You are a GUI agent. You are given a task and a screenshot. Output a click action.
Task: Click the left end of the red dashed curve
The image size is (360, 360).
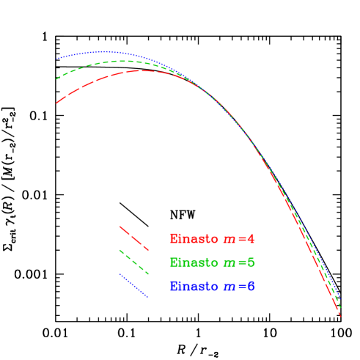click(x=56, y=103)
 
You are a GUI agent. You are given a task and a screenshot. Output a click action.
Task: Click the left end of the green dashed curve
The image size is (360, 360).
click(x=56, y=78)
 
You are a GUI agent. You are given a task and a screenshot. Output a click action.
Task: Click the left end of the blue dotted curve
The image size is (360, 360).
click(x=56, y=59)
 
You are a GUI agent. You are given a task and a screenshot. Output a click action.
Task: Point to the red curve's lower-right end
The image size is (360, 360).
click(x=341, y=315)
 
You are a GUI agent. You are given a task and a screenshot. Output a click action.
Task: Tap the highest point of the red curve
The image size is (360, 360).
click(x=143, y=70)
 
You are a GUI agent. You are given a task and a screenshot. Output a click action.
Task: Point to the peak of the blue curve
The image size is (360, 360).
click(x=107, y=51)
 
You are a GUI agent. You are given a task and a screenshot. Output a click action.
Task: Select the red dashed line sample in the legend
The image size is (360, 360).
click(x=133, y=238)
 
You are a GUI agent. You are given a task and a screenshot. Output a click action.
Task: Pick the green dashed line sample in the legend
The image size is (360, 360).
click(x=133, y=262)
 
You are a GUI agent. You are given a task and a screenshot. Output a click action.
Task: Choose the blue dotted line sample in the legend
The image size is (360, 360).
click(x=133, y=285)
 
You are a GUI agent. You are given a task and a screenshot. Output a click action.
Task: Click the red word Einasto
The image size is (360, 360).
click(x=194, y=238)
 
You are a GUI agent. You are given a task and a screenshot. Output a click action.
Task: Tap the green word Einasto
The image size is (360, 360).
click(x=194, y=262)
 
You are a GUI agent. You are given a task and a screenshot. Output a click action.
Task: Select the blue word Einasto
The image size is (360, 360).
click(x=194, y=286)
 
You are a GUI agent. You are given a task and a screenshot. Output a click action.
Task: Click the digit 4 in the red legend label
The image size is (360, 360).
click(x=251, y=238)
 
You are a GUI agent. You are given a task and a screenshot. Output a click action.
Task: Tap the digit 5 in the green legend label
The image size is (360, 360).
click(x=251, y=262)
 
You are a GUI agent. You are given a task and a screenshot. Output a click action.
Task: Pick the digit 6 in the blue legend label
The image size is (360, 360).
click(x=251, y=286)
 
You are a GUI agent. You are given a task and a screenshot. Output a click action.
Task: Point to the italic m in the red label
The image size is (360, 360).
click(x=229, y=239)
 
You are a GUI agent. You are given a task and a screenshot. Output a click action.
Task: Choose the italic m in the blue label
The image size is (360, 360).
click(x=229, y=287)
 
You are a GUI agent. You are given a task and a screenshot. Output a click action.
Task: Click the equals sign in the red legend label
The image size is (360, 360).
click(x=241, y=239)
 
